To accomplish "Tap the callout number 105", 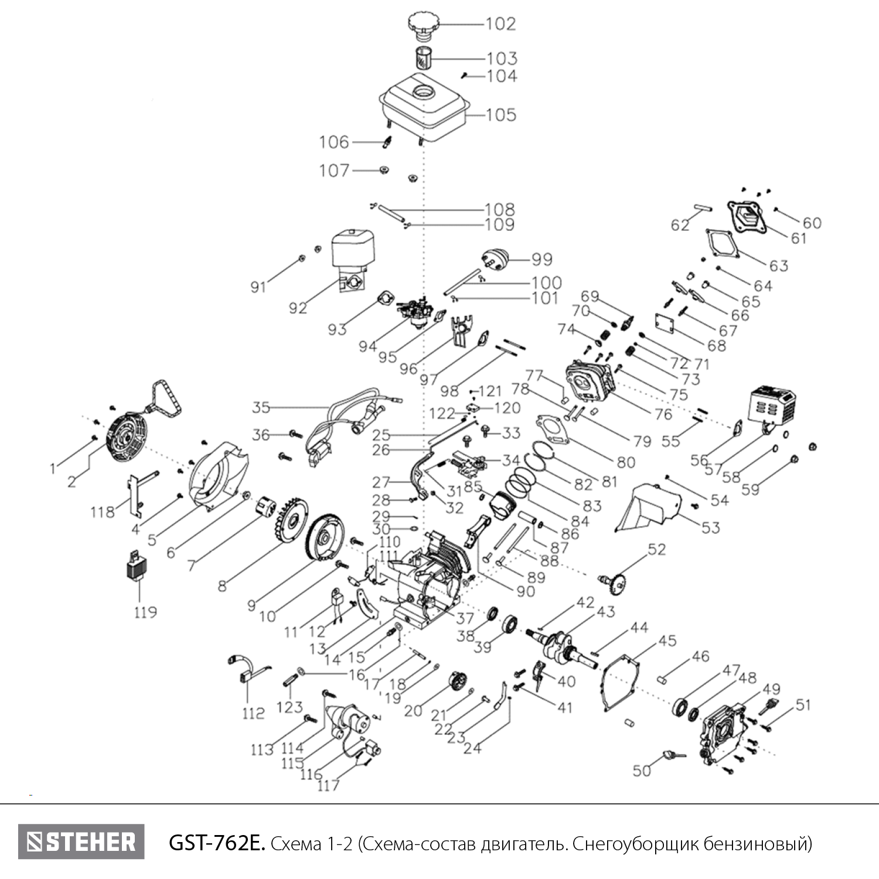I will coord(501,115).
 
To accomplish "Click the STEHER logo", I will coord(81,842).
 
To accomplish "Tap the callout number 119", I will coord(145,612).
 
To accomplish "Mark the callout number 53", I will coord(710,527).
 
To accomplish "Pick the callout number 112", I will coord(253,713).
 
